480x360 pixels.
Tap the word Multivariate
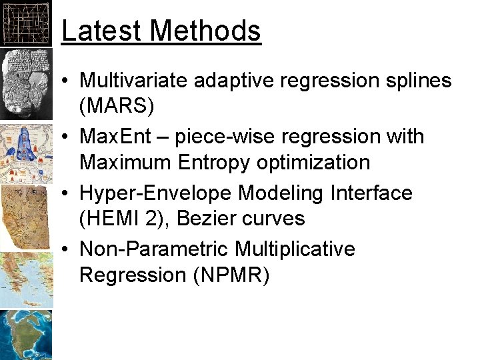click(134, 81)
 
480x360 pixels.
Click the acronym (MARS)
click(117, 107)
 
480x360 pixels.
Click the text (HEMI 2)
click(124, 219)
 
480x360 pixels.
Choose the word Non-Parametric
click(153, 249)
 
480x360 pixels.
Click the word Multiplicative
click(295, 249)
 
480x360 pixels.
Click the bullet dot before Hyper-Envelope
click(67, 193)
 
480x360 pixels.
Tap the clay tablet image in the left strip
click(26, 83)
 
